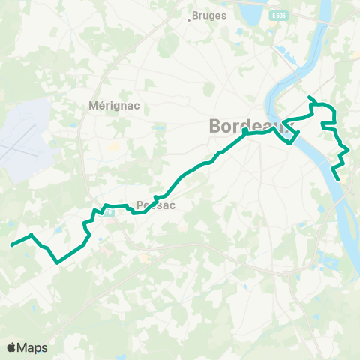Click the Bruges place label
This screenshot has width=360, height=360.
204,14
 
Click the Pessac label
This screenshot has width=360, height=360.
156,205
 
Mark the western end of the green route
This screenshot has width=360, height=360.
10,244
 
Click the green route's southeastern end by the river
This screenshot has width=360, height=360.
338,179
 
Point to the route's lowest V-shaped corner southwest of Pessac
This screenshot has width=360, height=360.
58,262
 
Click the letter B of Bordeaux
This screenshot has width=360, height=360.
216,125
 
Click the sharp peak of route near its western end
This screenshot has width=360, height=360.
31,235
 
